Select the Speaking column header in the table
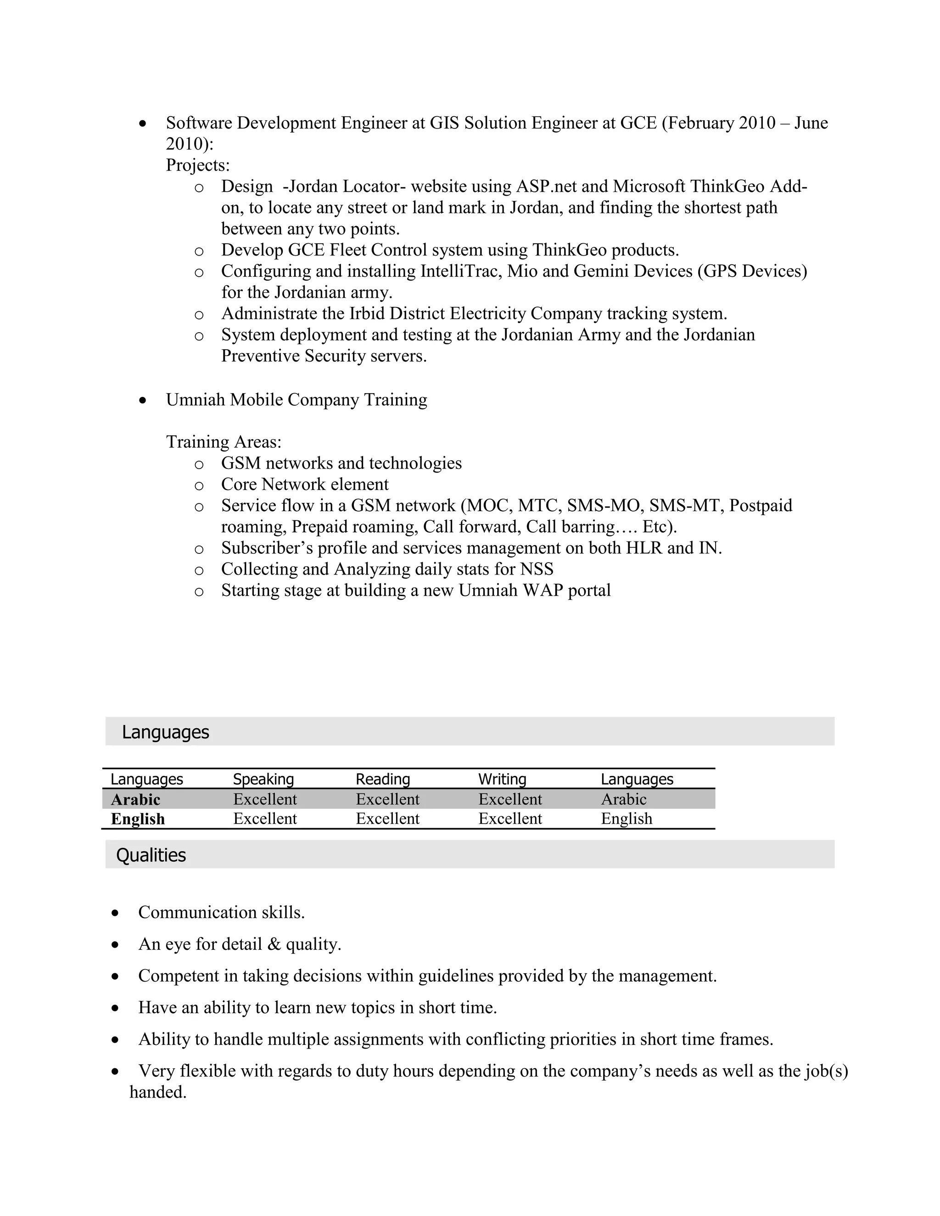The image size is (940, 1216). (263, 779)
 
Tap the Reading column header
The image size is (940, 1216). (383, 779)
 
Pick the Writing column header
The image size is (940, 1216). (502, 779)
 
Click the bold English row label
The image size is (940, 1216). (138, 819)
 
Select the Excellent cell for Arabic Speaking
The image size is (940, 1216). (264, 799)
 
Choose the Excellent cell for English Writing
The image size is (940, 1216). (509, 819)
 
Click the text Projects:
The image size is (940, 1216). (198, 165)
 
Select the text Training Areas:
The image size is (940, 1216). (224, 442)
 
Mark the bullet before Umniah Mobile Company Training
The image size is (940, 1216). (143, 400)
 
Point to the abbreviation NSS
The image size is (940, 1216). (536, 569)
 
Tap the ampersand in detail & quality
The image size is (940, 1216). (274, 944)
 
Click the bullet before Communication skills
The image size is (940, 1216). (115, 913)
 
